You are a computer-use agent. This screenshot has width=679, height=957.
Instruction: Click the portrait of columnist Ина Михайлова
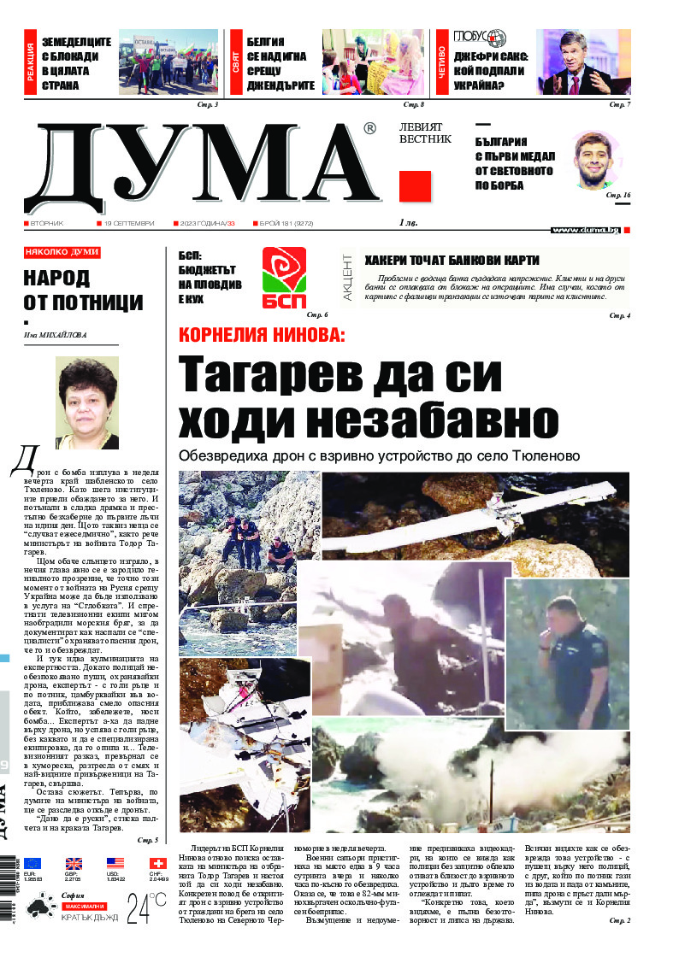coord(87,402)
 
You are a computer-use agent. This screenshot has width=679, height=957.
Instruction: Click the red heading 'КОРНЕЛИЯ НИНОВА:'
coord(261,336)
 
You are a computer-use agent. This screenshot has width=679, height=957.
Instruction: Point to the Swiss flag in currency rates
coord(157,863)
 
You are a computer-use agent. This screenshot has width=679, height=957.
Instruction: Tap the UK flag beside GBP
coord(74,863)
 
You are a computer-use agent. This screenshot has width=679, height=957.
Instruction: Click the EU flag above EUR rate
coord(32,863)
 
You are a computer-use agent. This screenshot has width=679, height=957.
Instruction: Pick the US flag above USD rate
coord(115,863)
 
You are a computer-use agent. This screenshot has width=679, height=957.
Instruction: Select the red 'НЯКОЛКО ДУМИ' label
coord(62,253)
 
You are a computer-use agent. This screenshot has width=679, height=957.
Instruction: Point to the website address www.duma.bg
coord(586,230)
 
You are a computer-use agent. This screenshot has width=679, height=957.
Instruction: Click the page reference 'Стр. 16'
coord(617,196)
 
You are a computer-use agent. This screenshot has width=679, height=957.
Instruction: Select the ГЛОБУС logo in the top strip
coord(481,38)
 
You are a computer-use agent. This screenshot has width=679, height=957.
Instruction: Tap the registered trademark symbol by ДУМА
coord(369,129)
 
